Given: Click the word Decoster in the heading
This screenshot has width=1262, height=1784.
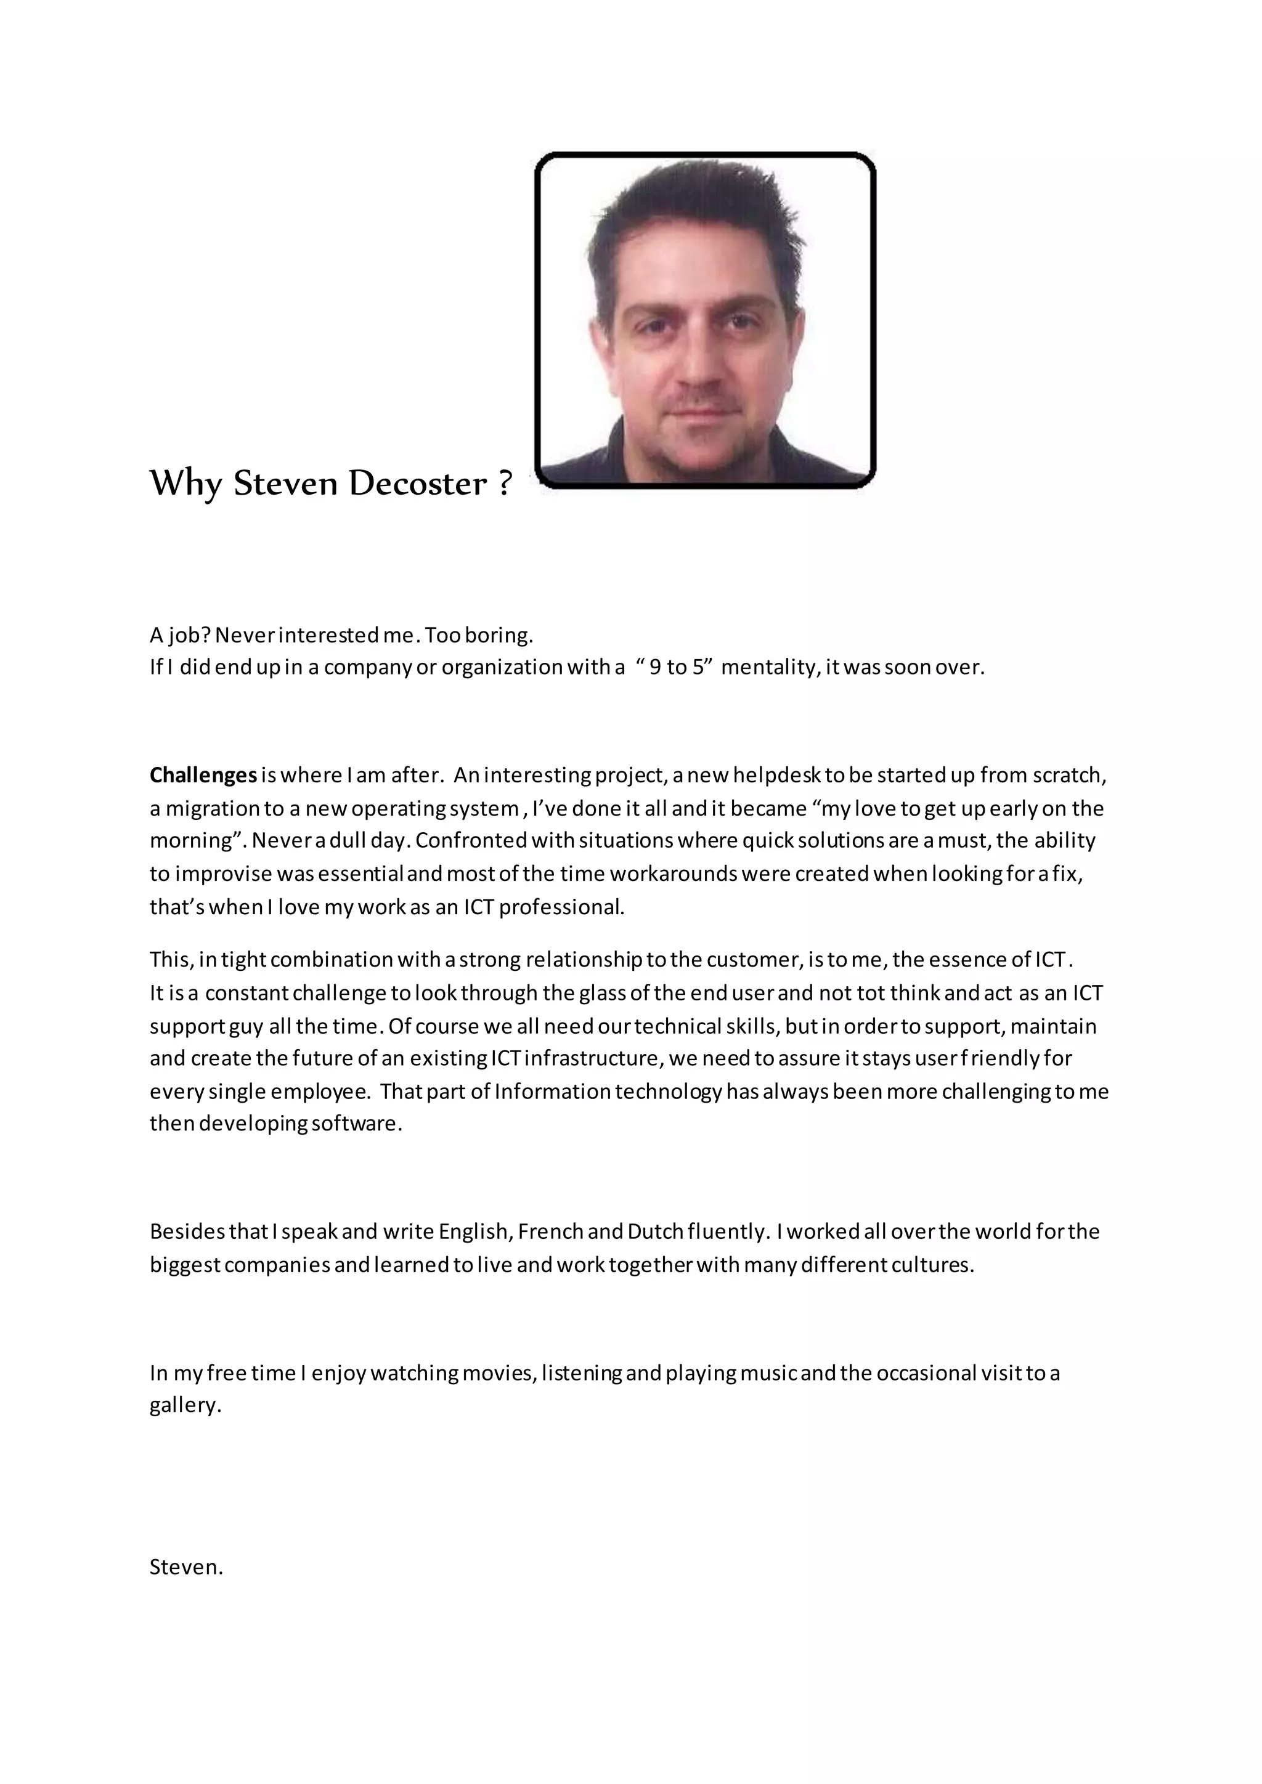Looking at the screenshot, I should coord(417,484).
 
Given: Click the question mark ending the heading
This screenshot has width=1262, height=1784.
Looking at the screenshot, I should coord(504,484).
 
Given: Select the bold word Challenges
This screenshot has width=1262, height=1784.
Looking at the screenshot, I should coord(203,776).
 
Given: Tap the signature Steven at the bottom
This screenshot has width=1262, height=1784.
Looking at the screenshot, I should coord(185,1567).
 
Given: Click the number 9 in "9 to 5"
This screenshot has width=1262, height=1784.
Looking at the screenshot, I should coord(655,667).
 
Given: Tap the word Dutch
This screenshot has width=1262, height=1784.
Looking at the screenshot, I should coord(655,1231).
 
